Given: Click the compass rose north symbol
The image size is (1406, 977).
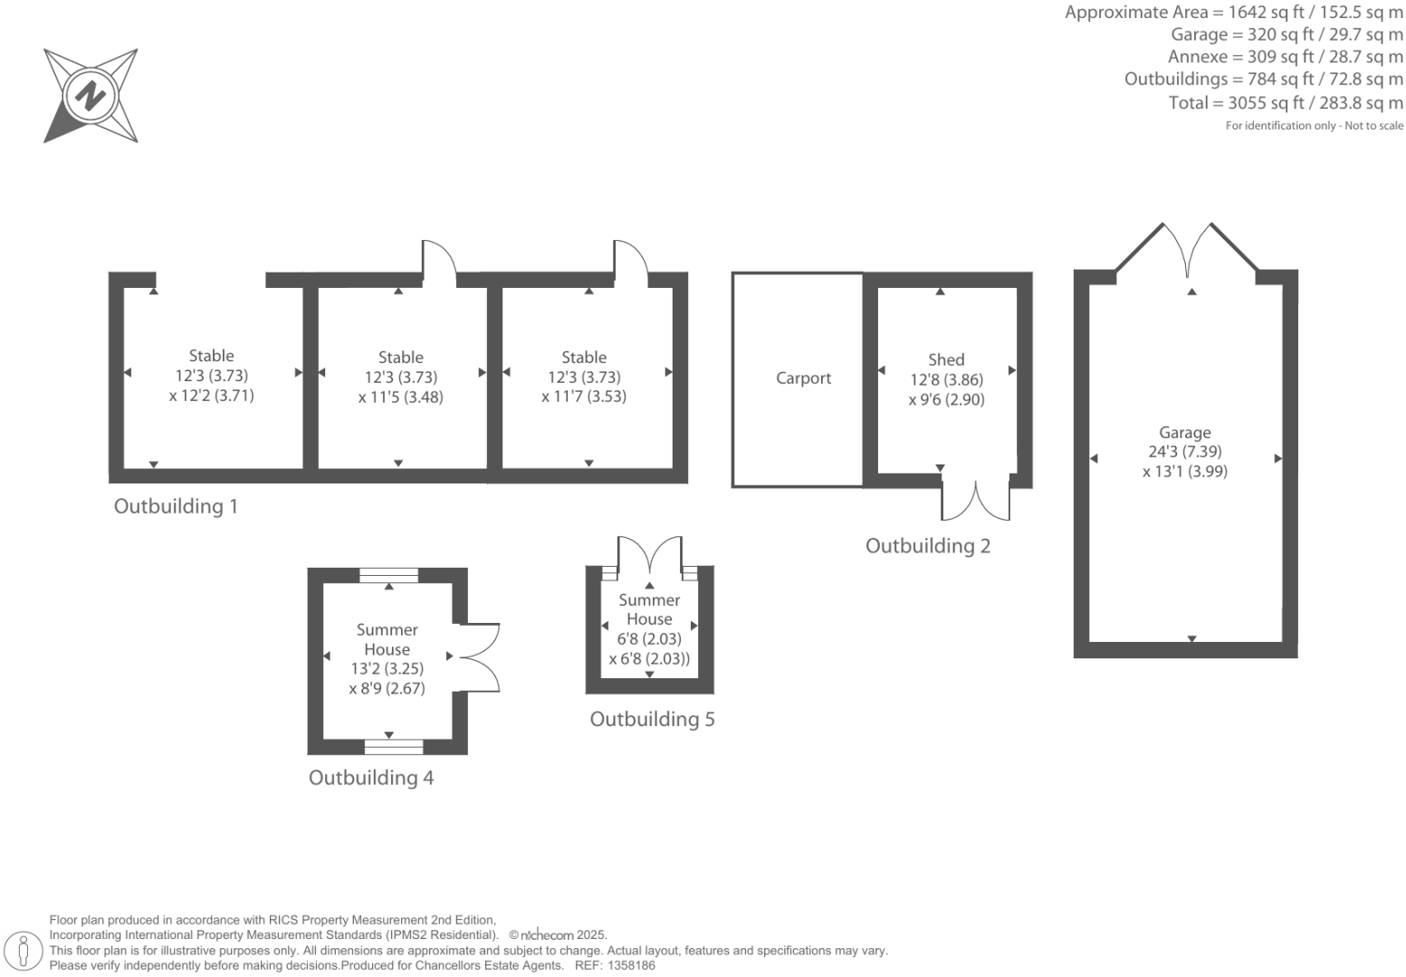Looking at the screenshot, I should click(x=91, y=95).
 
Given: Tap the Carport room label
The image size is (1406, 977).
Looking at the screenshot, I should click(x=803, y=378).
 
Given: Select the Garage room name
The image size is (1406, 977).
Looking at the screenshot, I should click(x=1184, y=433).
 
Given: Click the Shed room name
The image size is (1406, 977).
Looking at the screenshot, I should click(x=946, y=360).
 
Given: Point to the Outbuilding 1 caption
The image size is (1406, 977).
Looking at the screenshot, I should click(x=176, y=506).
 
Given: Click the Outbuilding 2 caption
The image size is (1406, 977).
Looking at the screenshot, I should click(x=928, y=546).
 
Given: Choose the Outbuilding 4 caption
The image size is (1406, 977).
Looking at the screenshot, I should click(x=371, y=778).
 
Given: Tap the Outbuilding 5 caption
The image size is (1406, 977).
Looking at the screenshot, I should click(x=652, y=719).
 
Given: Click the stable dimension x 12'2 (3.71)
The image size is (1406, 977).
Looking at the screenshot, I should click(x=211, y=396).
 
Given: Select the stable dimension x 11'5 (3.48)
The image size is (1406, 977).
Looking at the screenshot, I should click(x=400, y=398).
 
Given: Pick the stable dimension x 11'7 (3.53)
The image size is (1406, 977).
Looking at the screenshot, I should click(x=584, y=397).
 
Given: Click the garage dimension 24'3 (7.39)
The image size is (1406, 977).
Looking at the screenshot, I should click(x=1184, y=452).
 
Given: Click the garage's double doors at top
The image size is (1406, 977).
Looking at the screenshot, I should click(x=1186, y=249).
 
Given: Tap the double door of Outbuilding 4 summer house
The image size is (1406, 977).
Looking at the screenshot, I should click(x=481, y=657).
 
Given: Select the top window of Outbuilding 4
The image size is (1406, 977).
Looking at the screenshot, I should click(x=388, y=575).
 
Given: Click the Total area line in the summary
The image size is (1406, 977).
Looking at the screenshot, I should click(x=1286, y=103).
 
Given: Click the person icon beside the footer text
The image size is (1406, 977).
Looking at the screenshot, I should click(x=24, y=951).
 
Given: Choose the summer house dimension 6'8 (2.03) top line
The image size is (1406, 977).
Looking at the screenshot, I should click(x=649, y=639).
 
